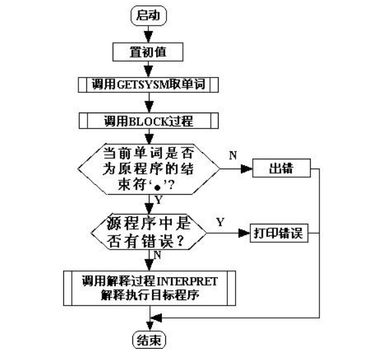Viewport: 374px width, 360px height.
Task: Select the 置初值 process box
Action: click(151, 50)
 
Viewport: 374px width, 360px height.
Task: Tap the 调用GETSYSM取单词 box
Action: click(151, 86)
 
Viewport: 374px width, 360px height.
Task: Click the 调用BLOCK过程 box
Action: click(151, 121)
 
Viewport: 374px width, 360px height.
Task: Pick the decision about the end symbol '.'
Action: click(151, 168)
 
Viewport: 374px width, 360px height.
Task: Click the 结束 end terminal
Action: click(151, 340)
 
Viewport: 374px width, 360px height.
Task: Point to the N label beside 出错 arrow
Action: click(232, 155)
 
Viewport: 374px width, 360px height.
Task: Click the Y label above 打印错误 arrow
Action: click(219, 222)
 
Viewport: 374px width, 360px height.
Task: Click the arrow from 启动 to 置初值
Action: click(151, 33)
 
